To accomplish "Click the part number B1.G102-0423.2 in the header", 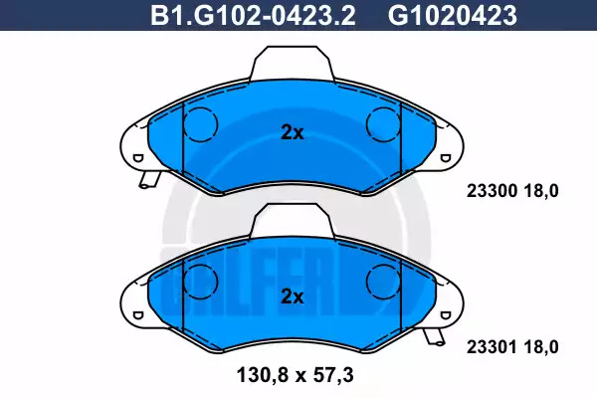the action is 253,16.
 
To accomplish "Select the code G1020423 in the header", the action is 453,16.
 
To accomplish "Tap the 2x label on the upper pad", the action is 293,132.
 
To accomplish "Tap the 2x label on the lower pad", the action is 293,297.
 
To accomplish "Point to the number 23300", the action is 492,190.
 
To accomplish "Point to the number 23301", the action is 492,347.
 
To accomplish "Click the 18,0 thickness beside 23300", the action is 540,190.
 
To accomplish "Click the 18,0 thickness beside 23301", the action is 540,347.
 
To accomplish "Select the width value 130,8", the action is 264,375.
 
